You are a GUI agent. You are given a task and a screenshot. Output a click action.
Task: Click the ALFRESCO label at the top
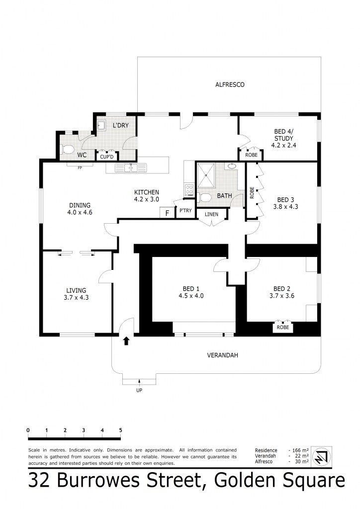pos(229,85)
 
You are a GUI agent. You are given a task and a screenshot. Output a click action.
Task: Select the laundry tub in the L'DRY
pos(101,124)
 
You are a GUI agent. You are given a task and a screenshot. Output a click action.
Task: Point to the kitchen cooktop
pos(189,189)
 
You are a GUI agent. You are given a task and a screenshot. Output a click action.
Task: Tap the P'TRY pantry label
pos(185,211)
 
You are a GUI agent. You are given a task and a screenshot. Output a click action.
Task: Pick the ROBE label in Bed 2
pos(282,328)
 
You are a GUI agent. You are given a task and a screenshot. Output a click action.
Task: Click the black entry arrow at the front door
pos(126,341)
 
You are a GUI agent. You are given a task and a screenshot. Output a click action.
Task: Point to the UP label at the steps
pos(139,391)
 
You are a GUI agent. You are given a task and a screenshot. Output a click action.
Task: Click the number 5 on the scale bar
pos(120,430)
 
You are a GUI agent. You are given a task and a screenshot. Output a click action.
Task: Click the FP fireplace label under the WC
pos(79,168)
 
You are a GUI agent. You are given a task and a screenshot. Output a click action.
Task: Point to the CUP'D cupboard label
pos(107,157)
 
